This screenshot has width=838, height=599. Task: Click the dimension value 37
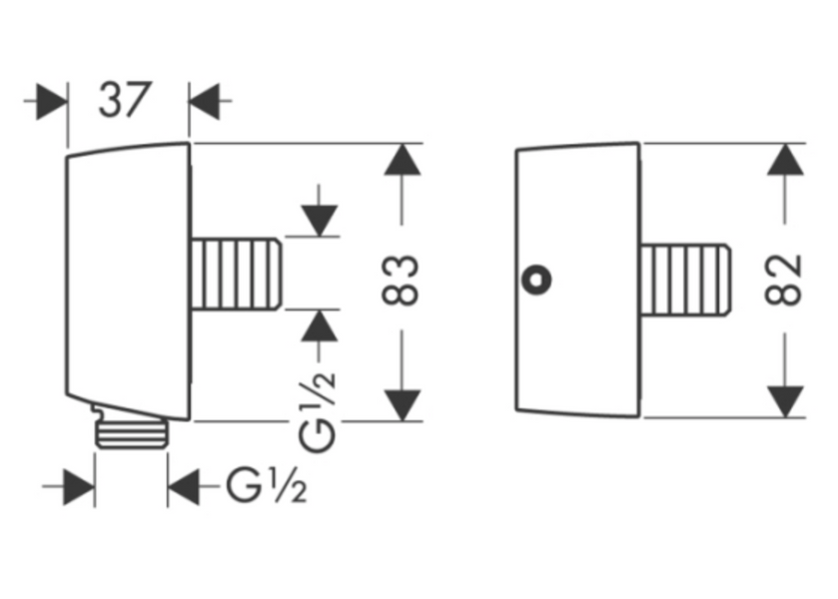click(126, 100)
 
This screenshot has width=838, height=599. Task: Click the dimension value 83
click(401, 281)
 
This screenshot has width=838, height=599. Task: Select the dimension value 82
click(784, 280)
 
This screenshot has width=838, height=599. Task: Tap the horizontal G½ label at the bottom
click(267, 485)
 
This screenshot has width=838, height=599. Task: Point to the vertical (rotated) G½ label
click(318, 405)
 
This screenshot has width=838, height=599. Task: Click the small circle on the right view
click(537, 279)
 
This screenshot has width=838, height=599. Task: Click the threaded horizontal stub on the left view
click(236, 275)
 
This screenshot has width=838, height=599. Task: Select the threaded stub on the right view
click(685, 280)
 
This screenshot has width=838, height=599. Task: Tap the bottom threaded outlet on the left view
click(132, 434)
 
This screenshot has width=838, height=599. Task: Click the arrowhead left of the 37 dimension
click(52, 101)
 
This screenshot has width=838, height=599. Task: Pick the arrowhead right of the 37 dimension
click(204, 101)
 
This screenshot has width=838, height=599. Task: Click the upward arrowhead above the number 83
click(403, 160)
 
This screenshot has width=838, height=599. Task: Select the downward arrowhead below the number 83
click(403, 405)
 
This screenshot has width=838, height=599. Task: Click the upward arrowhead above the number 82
click(786, 160)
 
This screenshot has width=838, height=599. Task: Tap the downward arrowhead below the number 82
click(786, 401)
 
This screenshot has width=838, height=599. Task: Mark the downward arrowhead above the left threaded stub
click(319, 221)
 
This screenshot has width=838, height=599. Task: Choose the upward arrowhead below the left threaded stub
click(319, 325)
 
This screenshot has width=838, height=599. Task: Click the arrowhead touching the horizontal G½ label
click(184, 487)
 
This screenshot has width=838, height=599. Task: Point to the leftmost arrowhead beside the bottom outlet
click(79, 487)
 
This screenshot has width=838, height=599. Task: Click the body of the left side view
click(128, 281)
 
